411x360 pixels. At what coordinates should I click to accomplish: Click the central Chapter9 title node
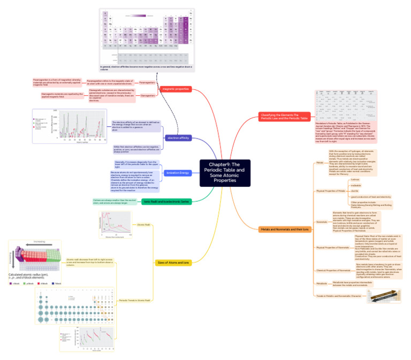click(225, 172)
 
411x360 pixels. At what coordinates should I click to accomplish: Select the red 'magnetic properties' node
click(176, 88)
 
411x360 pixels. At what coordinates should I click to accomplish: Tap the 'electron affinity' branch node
click(178, 137)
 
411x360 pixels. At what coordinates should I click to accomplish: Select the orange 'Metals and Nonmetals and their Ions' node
click(285, 229)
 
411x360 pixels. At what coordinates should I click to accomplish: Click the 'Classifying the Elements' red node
click(284, 116)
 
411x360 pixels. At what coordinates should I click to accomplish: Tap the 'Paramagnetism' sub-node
click(147, 83)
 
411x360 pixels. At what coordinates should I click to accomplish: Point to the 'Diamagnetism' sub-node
click(148, 95)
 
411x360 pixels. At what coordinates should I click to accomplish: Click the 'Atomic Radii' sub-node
click(144, 225)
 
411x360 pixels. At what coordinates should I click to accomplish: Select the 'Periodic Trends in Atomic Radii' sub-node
click(134, 300)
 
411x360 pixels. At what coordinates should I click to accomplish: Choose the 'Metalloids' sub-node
click(322, 284)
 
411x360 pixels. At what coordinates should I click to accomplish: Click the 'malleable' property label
click(355, 186)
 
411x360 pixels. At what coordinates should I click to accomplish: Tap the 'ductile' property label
click(354, 191)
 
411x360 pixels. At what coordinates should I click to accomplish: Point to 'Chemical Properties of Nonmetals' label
click(333, 270)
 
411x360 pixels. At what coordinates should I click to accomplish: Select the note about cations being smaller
click(115, 201)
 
